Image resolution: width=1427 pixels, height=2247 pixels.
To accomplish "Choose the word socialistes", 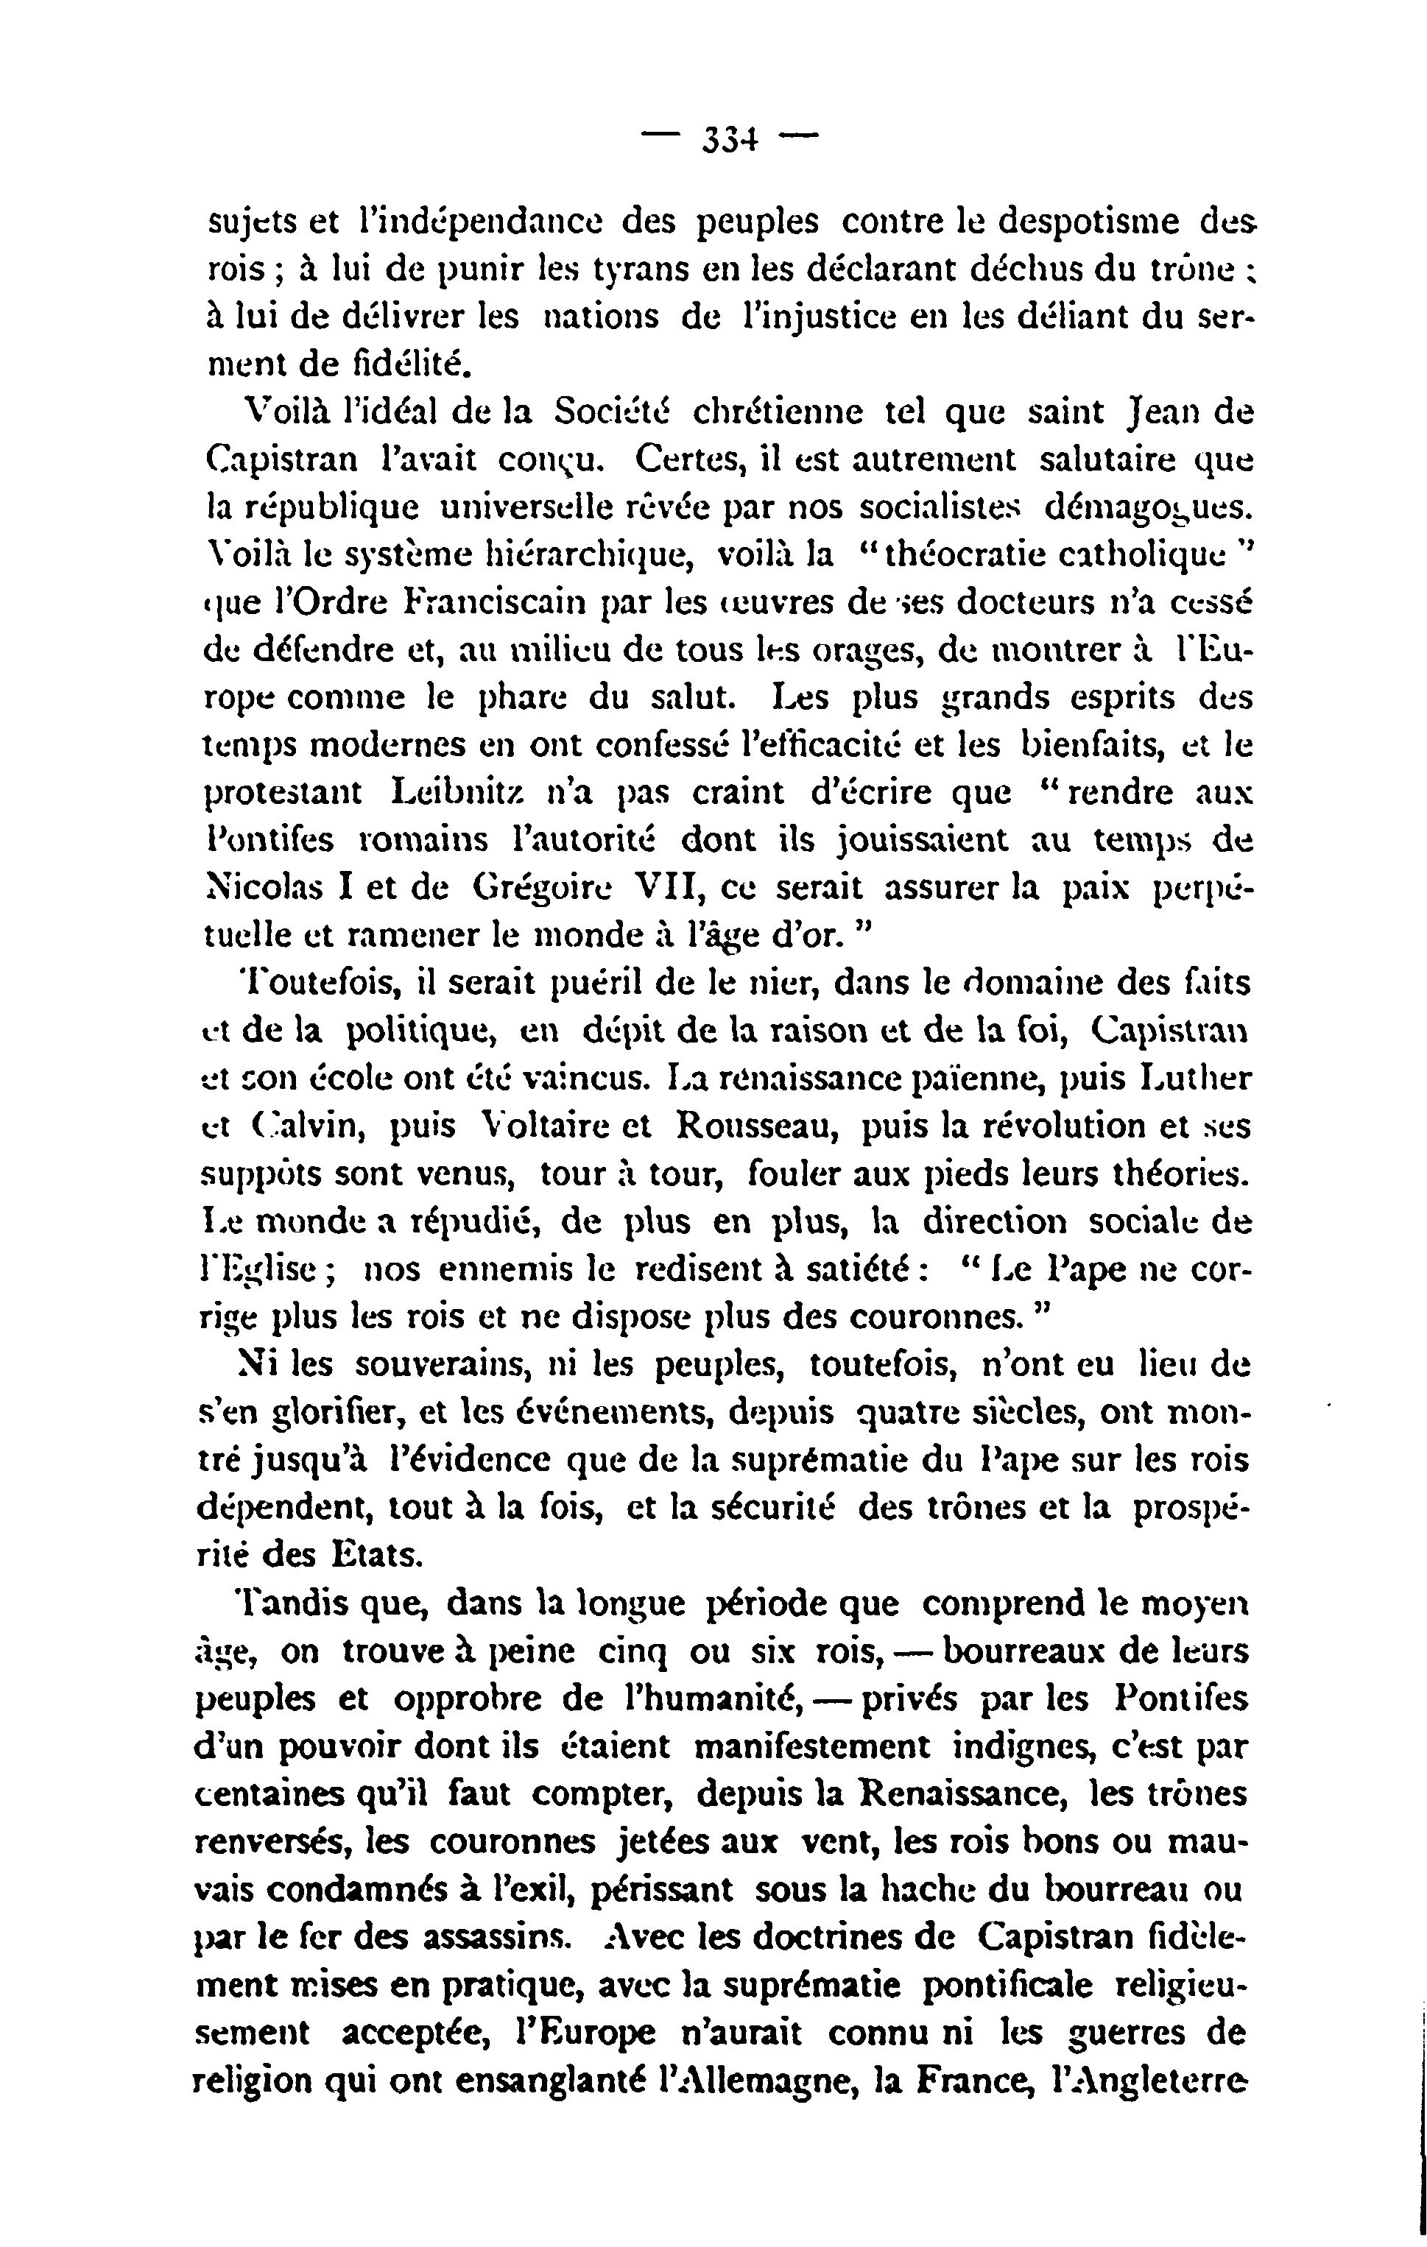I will [939, 507].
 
